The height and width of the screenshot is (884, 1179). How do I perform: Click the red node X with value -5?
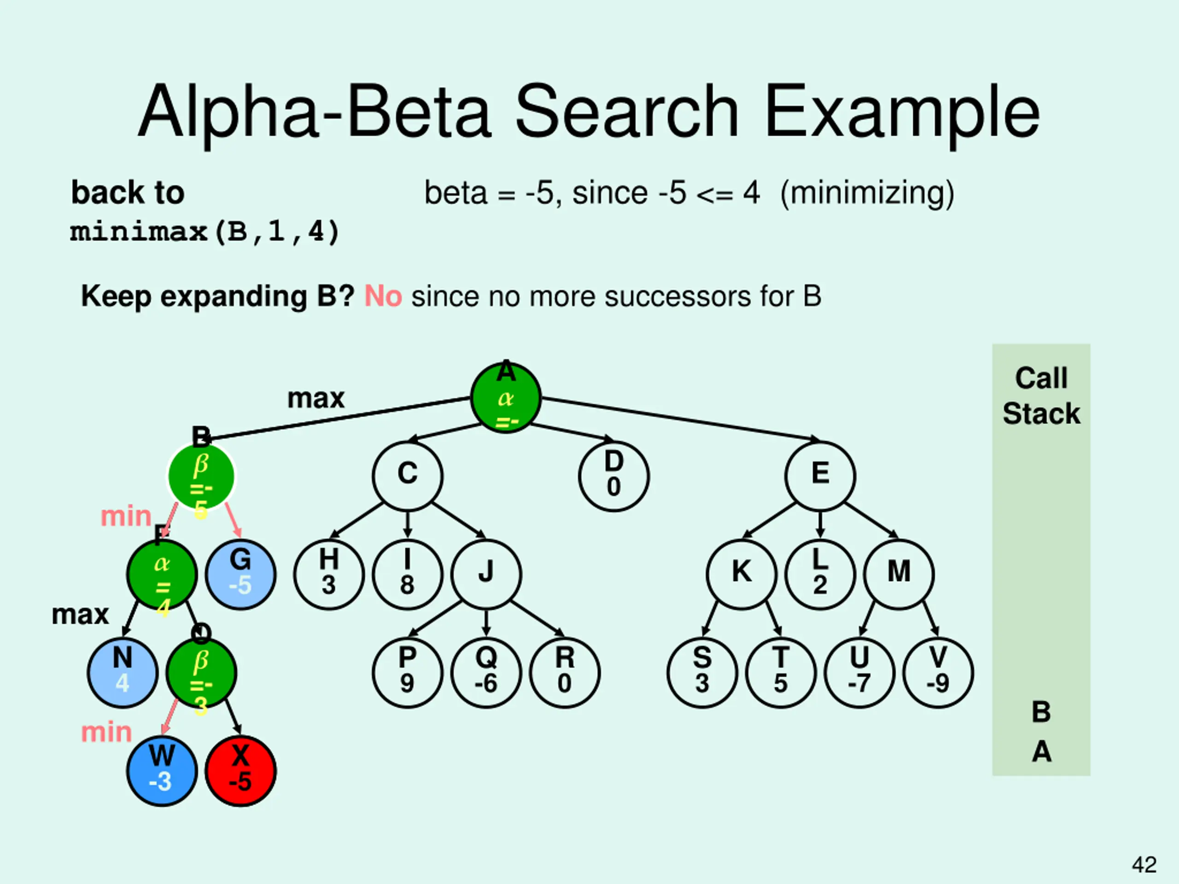coord(240,770)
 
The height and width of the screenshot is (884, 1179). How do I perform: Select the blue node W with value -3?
coord(162,770)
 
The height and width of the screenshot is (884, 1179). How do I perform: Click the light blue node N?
coord(123,673)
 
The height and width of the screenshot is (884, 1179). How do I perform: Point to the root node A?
coord(506,397)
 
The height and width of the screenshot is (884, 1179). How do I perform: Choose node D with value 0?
coord(613,476)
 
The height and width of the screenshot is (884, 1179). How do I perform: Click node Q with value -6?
coord(485,673)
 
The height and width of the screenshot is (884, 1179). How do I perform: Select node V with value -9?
coord(938,673)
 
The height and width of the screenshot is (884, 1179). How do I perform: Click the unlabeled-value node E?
coord(820,476)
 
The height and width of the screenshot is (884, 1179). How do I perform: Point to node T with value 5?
coord(781,673)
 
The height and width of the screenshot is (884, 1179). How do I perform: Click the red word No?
coord(383,296)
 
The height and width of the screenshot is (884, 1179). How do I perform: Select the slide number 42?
coord(1144,864)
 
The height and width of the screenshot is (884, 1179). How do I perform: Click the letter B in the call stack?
coord(1041,712)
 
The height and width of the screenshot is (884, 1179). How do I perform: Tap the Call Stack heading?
coord(1041,396)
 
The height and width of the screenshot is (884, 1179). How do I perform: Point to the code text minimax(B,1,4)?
coord(204,232)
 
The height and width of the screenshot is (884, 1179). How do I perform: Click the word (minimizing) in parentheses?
coord(867,193)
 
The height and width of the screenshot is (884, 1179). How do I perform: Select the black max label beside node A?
coord(315,399)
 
